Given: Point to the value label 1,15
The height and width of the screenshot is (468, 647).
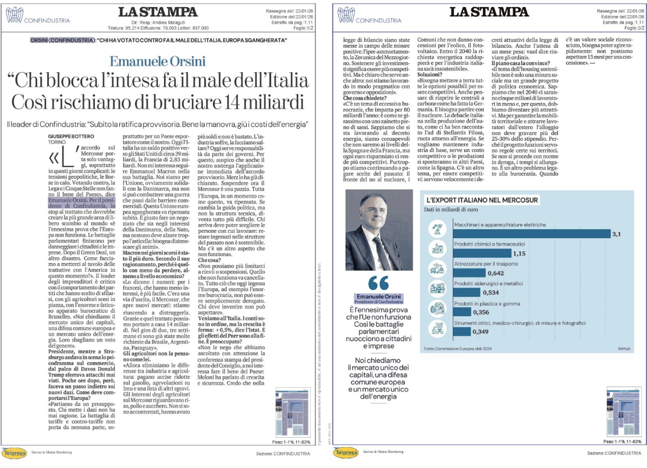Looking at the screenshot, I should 518,254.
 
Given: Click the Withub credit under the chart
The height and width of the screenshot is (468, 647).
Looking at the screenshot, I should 624,348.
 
